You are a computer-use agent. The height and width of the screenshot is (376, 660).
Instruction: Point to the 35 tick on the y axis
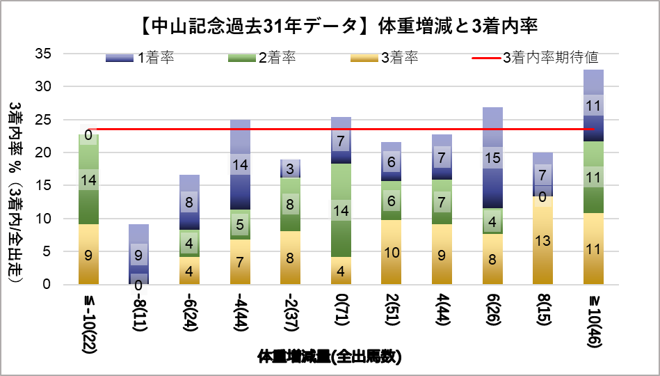(47, 54)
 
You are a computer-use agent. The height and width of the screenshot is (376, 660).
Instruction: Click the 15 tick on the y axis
(47, 186)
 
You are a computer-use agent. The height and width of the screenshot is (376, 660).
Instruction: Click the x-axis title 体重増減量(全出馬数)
(330, 357)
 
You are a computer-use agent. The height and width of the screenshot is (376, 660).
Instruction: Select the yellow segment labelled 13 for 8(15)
(543, 240)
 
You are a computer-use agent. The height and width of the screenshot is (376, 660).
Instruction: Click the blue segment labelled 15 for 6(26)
(492, 158)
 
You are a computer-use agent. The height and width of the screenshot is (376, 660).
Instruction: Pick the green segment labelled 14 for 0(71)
(341, 210)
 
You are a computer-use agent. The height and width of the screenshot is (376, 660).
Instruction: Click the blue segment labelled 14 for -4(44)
(240, 165)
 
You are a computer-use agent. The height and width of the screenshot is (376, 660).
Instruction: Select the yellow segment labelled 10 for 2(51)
(392, 251)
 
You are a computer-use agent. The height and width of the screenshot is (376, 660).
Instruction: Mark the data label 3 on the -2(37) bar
(291, 169)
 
